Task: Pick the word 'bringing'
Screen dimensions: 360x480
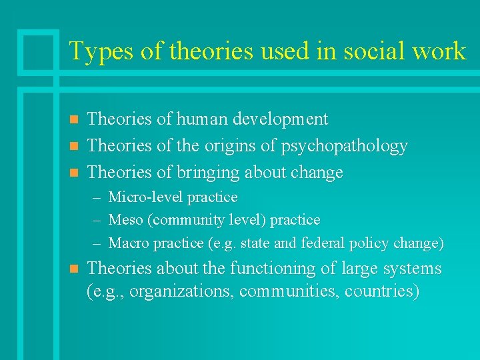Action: [207, 173]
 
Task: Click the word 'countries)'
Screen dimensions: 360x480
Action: [382, 291]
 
